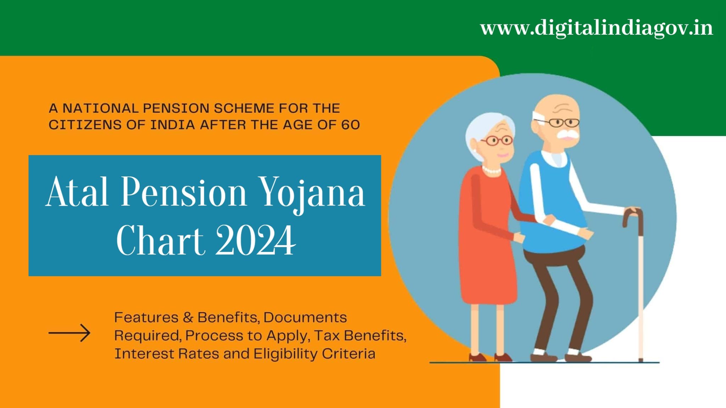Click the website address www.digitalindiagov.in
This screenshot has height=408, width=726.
pos(596,28)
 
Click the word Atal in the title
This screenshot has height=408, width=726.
pos(77,192)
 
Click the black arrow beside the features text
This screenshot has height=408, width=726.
pos(69,333)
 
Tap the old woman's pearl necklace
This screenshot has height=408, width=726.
pos(492,171)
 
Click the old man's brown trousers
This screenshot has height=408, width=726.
pos(557,283)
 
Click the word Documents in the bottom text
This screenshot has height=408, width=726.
pos(305,317)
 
